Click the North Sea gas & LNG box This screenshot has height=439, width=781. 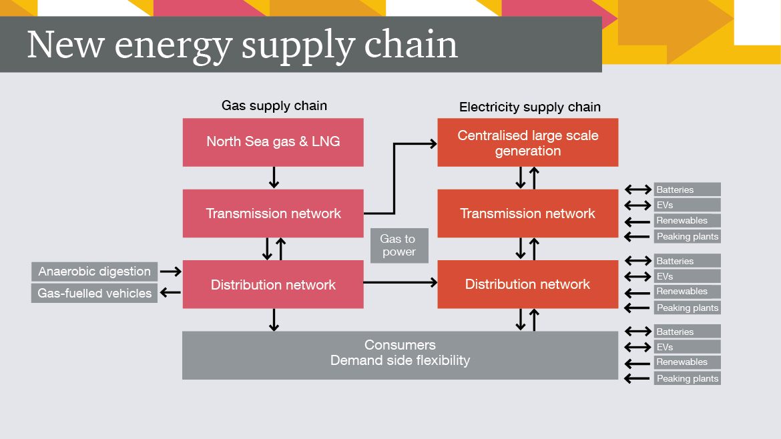273,142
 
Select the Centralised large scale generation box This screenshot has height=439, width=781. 527,143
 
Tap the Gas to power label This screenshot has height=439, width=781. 399,245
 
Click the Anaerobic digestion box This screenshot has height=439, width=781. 94,272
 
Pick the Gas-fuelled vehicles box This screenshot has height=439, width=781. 94,294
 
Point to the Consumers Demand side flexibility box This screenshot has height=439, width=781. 400,354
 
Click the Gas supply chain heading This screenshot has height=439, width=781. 274,105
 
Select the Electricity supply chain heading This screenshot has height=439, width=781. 529,107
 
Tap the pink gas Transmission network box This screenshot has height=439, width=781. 273,213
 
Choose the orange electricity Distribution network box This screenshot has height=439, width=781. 527,284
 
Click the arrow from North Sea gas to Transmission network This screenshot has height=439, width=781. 274,177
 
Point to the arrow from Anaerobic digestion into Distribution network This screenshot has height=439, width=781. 171,272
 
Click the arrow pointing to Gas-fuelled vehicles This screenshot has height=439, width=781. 171,293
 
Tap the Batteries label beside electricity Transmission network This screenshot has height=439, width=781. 687,189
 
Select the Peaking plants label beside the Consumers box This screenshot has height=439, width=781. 687,378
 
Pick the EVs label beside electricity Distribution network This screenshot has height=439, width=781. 687,276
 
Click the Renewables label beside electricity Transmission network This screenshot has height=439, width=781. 687,221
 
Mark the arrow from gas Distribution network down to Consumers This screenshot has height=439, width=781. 274,320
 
